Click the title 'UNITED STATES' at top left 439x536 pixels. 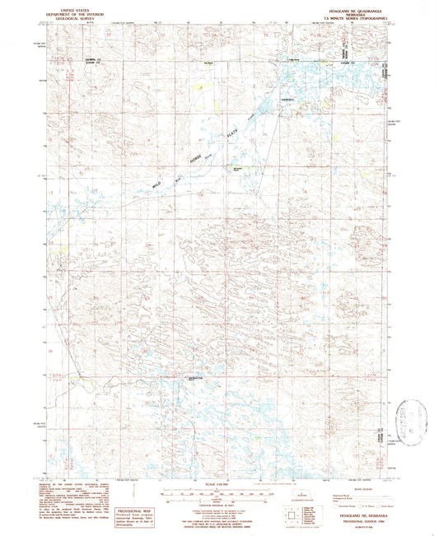[72, 5]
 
